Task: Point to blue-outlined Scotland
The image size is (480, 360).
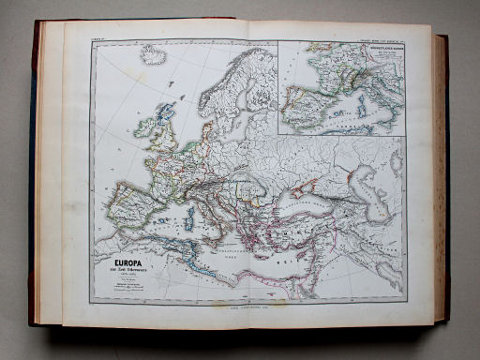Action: tap(166, 114)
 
